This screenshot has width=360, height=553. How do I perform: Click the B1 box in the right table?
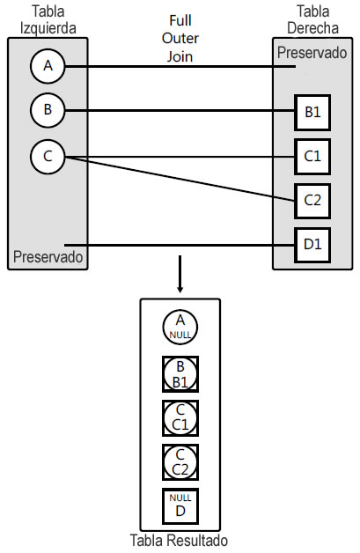pyautogui.click(x=312, y=113)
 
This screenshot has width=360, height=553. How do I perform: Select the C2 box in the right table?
pyautogui.click(x=312, y=199)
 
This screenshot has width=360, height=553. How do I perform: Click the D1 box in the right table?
pyautogui.click(x=312, y=244)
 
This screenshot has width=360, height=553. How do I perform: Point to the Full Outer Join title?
pyautogui.click(x=180, y=38)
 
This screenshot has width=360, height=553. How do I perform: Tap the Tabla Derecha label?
pyautogui.click(x=312, y=18)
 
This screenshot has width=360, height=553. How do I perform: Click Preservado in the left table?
pyautogui.click(x=48, y=257)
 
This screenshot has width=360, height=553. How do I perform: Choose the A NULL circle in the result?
pyautogui.click(x=180, y=328)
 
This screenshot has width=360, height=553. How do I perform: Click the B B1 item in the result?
pyautogui.click(x=180, y=374)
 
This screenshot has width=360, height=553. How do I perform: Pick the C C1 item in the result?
pyautogui.click(x=180, y=417)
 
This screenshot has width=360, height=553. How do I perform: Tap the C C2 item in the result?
pyautogui.click(x=180, y=461)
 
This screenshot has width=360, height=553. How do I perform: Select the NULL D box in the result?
pyautogui.click(x=180, y=505)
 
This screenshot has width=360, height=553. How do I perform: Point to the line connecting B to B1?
pyautogui.click(x=176, y=111)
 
